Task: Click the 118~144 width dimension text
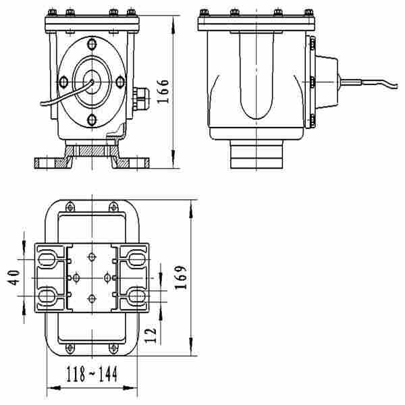[x=92, y=375]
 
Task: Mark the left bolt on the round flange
[x=63, y=82]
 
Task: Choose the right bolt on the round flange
[x=121, y=82]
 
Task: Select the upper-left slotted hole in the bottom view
[x=47, y=258]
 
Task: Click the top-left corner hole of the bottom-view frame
[x=70, y=205]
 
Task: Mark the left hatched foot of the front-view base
[x=53, y=163]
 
